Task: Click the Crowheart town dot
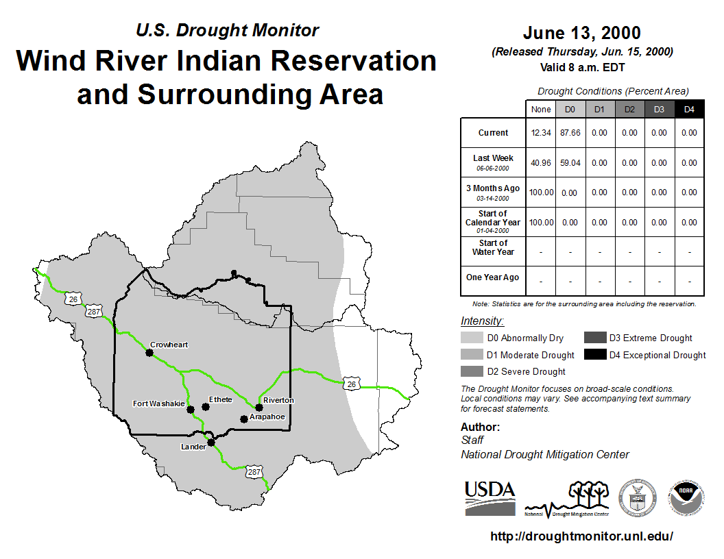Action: pyautogui.click(x=149, y=353)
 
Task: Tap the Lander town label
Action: pyautogui.click(x=193, y=447)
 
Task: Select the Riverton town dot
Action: pyautogui.click(x=259, y=408)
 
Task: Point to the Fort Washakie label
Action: pyautogui.click(x=159, y=403)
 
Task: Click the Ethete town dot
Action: pyautogui.click(x=206, y=407)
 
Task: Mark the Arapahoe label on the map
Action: pyautogui.click(x=267, y=417)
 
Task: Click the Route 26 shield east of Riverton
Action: pyautogui.click(x=352, y=384)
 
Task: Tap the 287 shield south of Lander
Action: pyautogui.click(x=254, y=472)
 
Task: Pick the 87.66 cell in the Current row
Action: pyautogui.click(x=570, y=133)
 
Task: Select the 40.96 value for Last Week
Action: pyautogui.click(x=541, y=163)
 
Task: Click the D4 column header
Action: pyautogui.click(x=689, y=110)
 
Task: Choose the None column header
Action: pyautogui.click(x=541, y=110)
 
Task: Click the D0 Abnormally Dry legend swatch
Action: pyautogui.click(x=472, y=338)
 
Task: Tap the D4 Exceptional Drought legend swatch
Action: pyautogui.click(x=594, y=355)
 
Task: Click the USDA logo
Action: pyautogui.click(x=490, y=498)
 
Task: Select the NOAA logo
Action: pyautogui.click(x=686, y=497)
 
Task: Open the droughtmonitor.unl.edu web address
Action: pyautogui.click(x=581, y=536)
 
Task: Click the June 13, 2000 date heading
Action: pyautogui.click(x=582, y=33)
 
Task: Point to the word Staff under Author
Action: pyautogui.click(x=472, y=440)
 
